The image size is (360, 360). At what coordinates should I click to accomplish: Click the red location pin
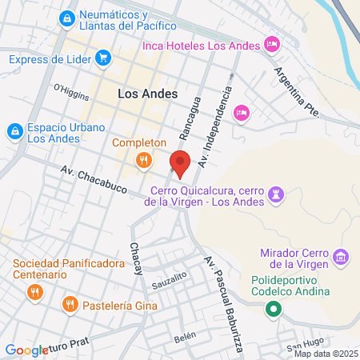[x=180, y=163]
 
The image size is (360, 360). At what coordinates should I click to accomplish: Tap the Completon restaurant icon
[x=144, y=160]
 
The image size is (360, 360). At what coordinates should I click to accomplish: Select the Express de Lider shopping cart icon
[x=102, y=58]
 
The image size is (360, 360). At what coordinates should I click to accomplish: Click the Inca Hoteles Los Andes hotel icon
[x=271, y=45]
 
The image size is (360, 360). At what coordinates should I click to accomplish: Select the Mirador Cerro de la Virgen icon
[x=342, y=257]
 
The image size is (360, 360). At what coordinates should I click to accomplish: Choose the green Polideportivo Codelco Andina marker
[x=274, y=309]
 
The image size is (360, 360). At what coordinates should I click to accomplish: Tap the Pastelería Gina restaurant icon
[x=70, y=304]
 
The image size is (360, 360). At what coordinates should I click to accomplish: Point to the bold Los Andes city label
[x=144, y=94]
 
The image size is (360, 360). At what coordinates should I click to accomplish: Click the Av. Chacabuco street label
[x=95, y=179]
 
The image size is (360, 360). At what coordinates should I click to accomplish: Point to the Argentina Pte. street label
[x=297, y=92]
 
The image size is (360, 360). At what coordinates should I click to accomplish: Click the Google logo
[x=26, y=350]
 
